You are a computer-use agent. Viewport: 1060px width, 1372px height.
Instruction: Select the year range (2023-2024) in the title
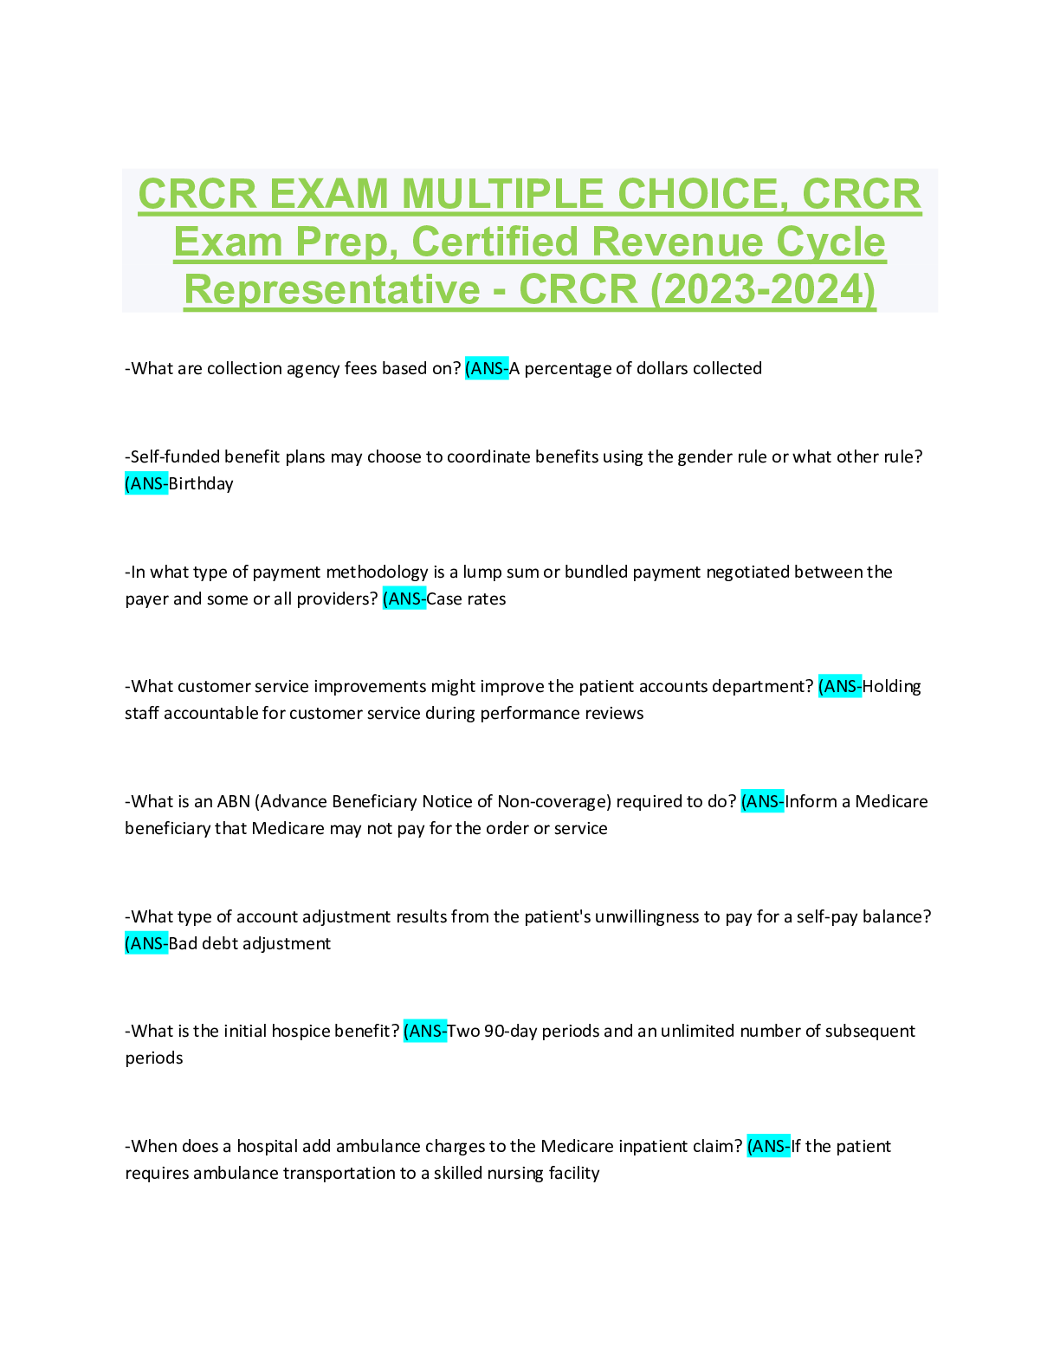coord(763,289)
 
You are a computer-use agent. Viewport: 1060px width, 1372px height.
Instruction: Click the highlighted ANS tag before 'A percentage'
coord(487,368)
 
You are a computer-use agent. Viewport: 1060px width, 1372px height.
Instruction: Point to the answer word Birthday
coord(201,483)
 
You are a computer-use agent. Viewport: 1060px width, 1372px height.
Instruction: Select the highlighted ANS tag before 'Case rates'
coord(404,599)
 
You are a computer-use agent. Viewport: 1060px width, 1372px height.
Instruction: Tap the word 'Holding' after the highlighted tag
coord(891,686)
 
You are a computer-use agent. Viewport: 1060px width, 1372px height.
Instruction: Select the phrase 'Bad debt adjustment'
coord(249,943)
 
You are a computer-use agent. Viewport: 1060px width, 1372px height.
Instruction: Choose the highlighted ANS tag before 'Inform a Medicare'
coord(763,801)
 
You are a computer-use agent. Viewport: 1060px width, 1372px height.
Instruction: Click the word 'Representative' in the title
coord(332,289)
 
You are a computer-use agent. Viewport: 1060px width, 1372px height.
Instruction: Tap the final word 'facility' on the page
coord(574,1173)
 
